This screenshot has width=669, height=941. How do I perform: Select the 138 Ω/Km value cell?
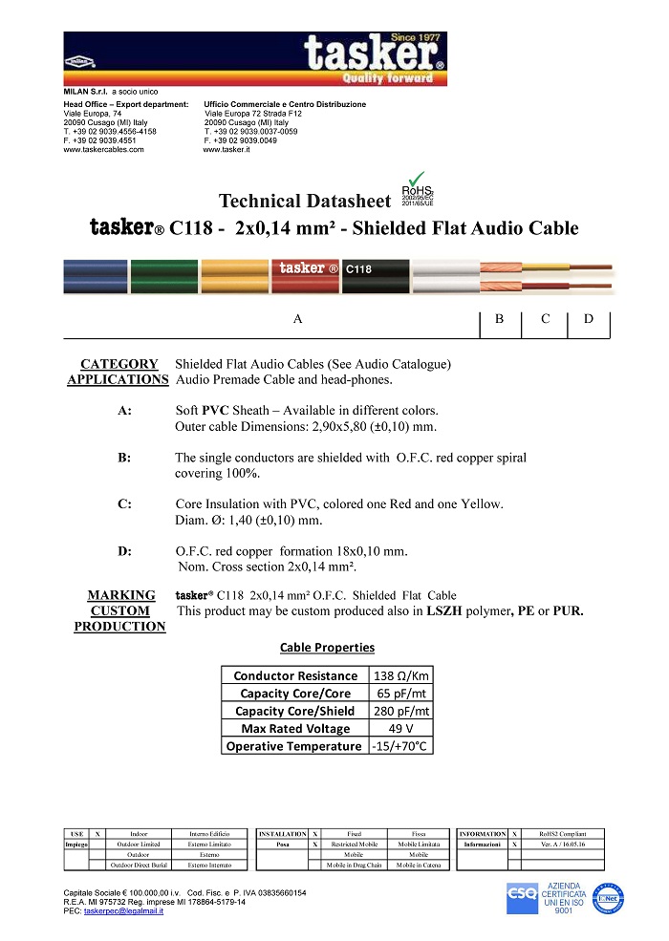(400, 675)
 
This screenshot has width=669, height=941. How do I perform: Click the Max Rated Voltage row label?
(295, 728)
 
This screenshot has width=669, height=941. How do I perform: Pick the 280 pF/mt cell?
(400, 711)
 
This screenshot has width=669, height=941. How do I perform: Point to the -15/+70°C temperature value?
(400, 746)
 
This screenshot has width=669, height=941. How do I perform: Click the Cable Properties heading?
(327, 648)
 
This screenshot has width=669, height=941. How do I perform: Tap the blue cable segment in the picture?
(96, 277)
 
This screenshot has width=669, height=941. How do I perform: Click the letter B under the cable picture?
(500, 319)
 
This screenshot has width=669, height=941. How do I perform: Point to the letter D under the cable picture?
(589, 319)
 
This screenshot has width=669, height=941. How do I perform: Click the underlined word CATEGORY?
(119, 364)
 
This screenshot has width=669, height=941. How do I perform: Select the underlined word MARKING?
(121, 595)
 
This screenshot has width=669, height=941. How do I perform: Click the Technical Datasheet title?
(305, 201)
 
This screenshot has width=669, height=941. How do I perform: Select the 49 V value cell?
(400, 728)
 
